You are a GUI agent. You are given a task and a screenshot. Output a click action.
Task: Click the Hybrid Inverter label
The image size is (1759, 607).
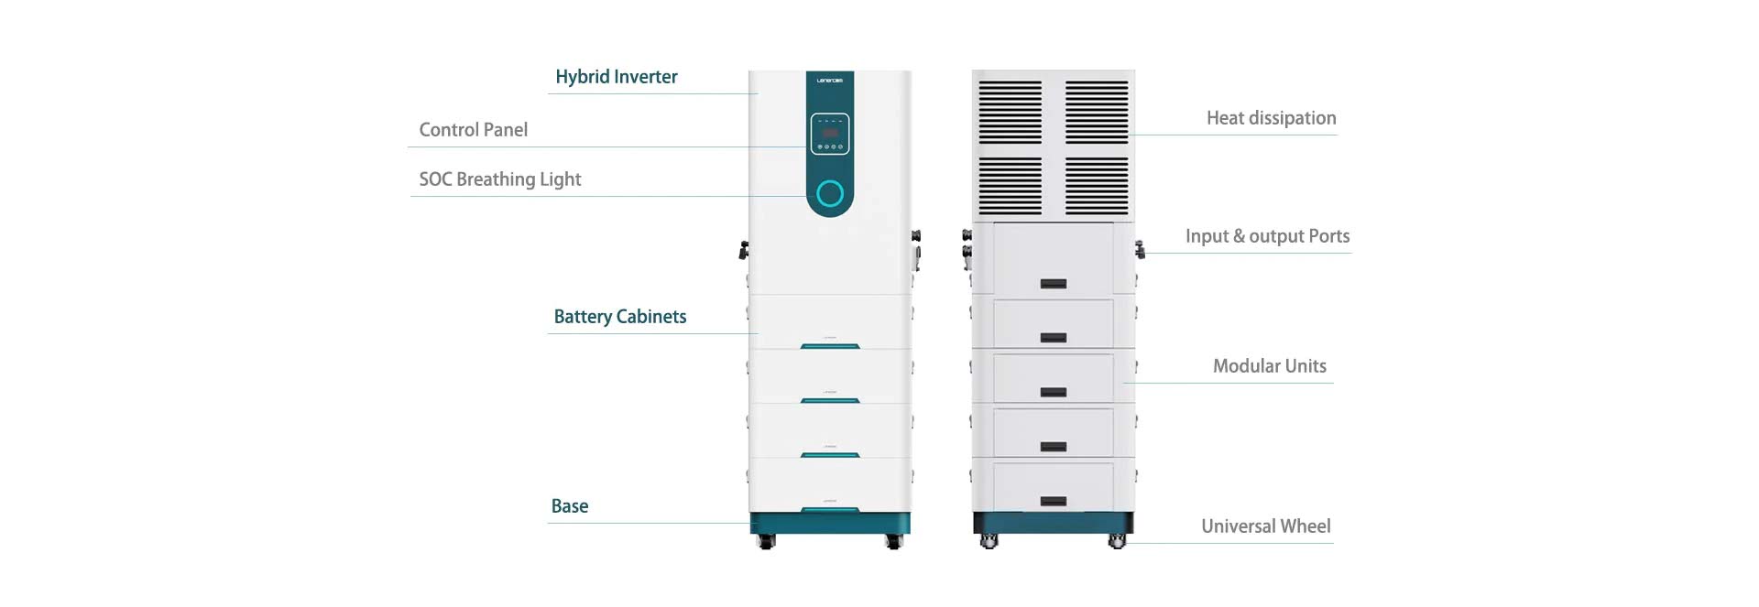point(617,77)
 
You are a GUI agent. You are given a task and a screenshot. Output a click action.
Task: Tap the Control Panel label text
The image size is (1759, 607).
point(474,130)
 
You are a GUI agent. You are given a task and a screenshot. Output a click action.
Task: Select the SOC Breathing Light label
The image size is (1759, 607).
point(500,179)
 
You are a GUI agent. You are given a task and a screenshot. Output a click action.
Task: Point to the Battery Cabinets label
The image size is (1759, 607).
point(620,317)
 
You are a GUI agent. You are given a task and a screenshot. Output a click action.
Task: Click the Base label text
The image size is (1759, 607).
point(570,506)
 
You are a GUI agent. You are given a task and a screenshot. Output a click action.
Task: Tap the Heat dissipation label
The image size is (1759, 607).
point(1272,118)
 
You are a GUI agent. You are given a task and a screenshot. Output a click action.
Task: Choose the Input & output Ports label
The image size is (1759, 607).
point(1268,236)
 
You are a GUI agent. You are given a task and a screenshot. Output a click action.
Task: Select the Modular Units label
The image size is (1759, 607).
point(1270,366)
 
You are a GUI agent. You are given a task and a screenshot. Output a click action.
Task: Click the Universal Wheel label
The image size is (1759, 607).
point(1266,526)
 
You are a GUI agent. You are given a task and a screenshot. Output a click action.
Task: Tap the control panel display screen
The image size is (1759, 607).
point(830,133)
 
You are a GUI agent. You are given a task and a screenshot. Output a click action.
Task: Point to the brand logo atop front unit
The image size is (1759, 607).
point(830,81)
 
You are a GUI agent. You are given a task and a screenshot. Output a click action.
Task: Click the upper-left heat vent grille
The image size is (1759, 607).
point(1011,113)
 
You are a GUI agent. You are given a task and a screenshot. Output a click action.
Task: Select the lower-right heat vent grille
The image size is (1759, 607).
point(1097,186)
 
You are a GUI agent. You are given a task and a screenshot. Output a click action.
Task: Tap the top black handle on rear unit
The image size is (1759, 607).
point(1054,284)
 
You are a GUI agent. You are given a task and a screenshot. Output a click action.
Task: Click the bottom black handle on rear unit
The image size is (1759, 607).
point(1054,502)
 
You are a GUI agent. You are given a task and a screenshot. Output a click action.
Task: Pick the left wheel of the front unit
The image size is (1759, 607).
point(767,542)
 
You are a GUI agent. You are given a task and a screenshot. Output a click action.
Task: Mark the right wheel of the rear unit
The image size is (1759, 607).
point(1117,542)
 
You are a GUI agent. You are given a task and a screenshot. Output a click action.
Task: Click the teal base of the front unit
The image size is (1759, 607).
point(830,523)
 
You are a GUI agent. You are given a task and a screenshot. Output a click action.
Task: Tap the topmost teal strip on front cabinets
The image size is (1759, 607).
point(830,346)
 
